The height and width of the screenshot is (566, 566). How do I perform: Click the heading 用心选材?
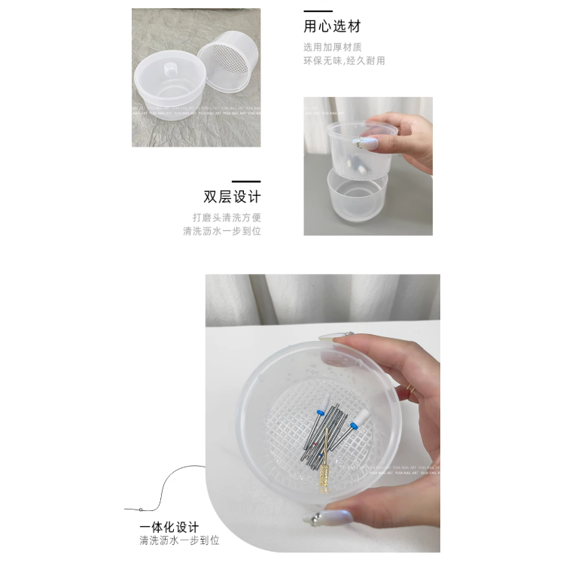coord(332,27)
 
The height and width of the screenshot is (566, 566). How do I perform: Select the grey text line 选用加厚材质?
coord(332,47)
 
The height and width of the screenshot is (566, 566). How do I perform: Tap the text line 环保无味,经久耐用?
coord(344,60)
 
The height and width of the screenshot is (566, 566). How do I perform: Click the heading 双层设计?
coord(232,197)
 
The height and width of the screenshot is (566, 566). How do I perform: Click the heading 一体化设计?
coord(169,526)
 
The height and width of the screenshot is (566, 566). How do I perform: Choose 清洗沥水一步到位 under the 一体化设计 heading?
coord(179,540)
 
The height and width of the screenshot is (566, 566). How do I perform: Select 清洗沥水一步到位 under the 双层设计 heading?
coord(222,231)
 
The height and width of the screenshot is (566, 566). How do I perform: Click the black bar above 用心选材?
coord(318,11)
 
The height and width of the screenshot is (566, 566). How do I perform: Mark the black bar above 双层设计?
coord(246,181)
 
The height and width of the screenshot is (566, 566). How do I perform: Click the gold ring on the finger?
coord(410,388)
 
